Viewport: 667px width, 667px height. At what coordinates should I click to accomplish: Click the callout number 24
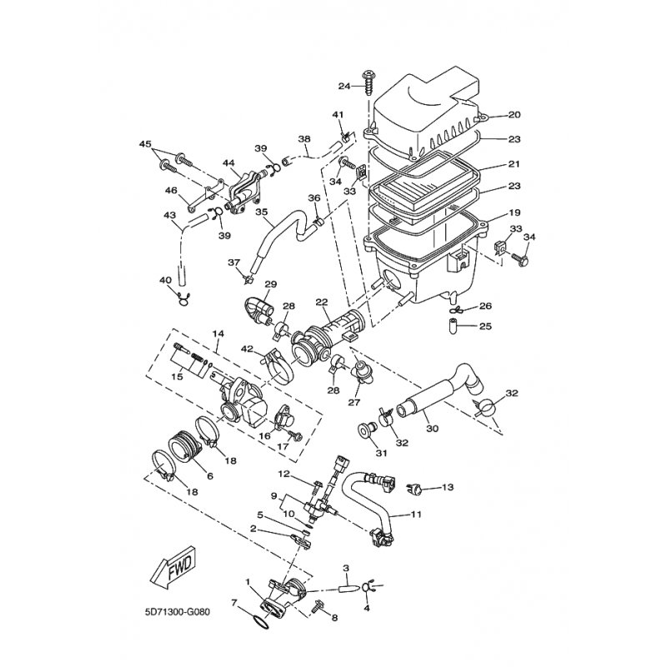(344, 86)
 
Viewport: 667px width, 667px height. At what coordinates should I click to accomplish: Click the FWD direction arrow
(173, 569)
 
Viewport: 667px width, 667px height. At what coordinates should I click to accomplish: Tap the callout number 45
(147, 144)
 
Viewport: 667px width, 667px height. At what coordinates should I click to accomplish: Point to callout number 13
(447, 486)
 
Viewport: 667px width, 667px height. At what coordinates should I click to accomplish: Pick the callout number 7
(234, 601)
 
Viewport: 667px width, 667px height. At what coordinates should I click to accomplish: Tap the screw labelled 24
(367, 81)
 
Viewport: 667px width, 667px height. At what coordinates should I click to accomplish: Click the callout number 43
(170, 214)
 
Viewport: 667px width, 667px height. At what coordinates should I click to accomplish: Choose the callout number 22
(321, 302)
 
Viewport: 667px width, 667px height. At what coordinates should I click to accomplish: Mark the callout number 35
(261, 213)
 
